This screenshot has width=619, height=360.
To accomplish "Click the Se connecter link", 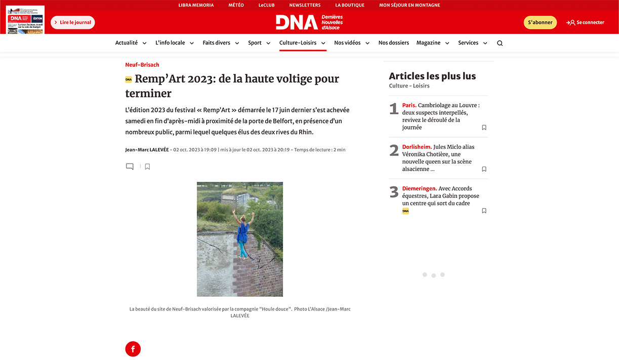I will click(x=586, y=22).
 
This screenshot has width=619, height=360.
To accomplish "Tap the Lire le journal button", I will click(x=73, y=22).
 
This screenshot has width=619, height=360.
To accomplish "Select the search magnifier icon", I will click(x=500, y=43).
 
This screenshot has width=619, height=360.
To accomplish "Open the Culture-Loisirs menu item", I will click(x=298, y=43).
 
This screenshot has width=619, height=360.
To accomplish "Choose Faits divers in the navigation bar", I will click(x=216, y=43).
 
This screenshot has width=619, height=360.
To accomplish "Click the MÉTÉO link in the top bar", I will click(x=236, y=5).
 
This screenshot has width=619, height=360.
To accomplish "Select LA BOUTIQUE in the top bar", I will click(x=350, y=5).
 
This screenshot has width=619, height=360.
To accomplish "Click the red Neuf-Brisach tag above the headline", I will click(x=142, y=65).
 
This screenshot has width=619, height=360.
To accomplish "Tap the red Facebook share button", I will click(x=133, y=349).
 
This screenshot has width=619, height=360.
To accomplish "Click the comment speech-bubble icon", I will click(x=130, y=167).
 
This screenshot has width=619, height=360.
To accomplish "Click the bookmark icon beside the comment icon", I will click(x=147, y=167).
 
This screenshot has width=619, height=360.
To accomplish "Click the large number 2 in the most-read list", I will click(x=394, y=150).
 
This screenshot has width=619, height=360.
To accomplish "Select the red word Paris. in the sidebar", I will click(x=409, y=105).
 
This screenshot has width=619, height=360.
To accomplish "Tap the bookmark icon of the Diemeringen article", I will click(x=484, y=211).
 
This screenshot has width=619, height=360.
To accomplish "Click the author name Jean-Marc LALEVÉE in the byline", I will click(x=147, y=150).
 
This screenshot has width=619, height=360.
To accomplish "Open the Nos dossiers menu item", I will click(x=393, y=43).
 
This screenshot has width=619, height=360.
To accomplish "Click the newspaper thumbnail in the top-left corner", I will click(x=25, y=20).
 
